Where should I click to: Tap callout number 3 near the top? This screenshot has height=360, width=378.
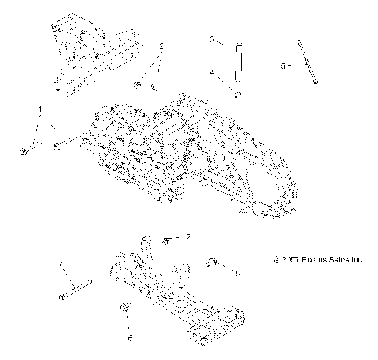click(212, 38)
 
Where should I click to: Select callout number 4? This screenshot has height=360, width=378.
click(212, 72)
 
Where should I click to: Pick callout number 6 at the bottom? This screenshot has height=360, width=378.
click(130, 337)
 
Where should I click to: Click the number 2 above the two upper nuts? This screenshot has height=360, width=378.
click(161, 46)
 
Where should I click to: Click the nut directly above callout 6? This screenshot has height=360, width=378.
click(124, 307)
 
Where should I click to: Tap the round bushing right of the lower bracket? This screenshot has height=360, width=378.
click(213, 262)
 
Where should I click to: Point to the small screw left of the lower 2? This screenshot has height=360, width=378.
click(167, 238)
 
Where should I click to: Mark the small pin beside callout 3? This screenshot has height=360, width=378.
click(240, 44)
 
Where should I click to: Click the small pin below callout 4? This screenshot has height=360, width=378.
click(238, 94)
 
